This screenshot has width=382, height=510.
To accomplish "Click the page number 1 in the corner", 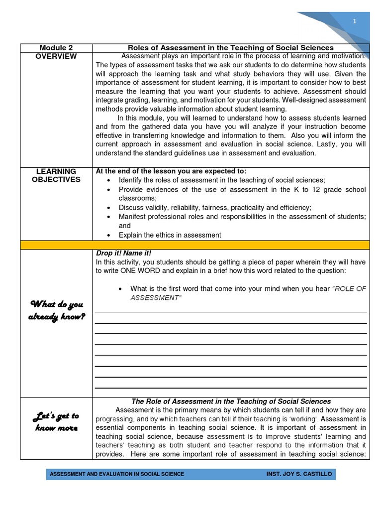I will pyautogui.click(x=355, y=21).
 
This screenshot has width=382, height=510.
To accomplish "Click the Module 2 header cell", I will pyautogui.click(x=56, y=48).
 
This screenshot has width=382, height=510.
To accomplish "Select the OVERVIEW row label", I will pyautogui.click(x=56, y=57).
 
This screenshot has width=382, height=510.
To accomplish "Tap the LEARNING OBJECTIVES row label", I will pyautogui.click(x=56, y=176).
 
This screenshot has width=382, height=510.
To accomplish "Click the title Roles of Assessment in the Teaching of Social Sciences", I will pyautogui.click(x=231, y=48).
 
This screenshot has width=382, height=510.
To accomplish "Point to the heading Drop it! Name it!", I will pyautogui.click(x=123, y=254).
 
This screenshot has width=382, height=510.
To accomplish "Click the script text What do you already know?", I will pyautogui.click(x=56, y=311).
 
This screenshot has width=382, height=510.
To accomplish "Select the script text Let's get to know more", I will pyautogui.click(x=56, y=421).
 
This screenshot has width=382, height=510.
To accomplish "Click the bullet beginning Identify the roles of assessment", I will pyautogui.click(x=222, y=180).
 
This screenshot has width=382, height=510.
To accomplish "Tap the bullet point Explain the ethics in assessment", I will pyautogui.click(x=170, y=235).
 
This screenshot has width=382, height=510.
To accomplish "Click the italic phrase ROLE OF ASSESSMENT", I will pyautogui.click(x=249, y=293).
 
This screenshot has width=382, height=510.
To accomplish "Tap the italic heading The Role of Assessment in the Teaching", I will pyautogui.click(x=231, y=401).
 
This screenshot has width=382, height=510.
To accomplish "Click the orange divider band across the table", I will pyautogui.click(x=195, y=245).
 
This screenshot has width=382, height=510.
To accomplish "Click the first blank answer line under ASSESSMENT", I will pyautogui.click(x=231, y=311).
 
